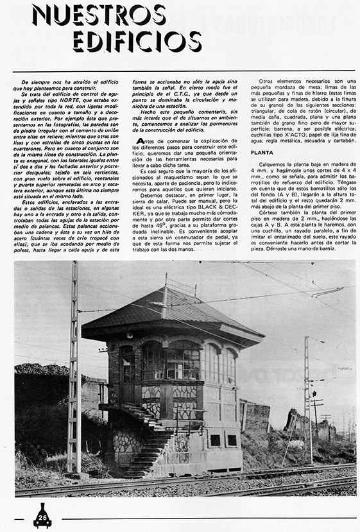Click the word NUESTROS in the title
pos(99,15)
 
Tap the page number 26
pos(42,517)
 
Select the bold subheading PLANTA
pos(264,153)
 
